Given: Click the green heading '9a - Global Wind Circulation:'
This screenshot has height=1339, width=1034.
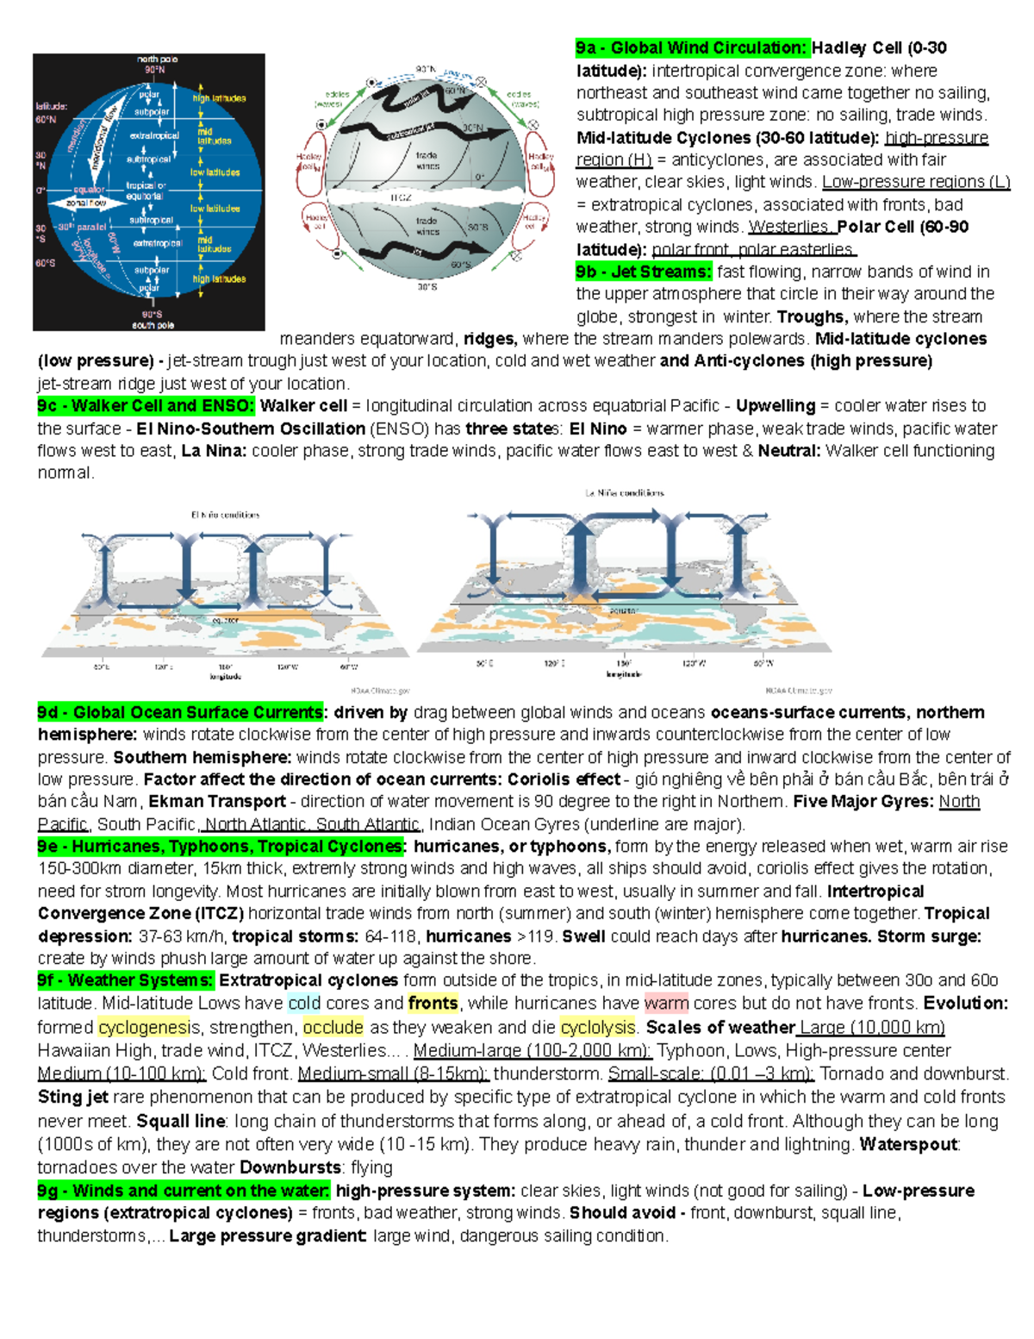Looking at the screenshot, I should [x=693, y=48].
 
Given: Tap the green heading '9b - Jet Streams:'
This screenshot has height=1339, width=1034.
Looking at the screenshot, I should [x=645, y=272].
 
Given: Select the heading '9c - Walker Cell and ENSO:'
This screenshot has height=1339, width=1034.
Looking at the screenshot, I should [x=146, y=406].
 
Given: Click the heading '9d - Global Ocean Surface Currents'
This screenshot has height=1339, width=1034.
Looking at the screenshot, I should [x=180, y=712].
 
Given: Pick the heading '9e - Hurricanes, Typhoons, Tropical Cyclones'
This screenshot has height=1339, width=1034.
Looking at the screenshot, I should [x=221, y=847].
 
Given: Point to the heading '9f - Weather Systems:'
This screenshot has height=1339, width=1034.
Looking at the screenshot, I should [x=125, y=980].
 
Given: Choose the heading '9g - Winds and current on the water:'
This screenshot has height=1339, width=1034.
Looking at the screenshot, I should [x=184, y=1191].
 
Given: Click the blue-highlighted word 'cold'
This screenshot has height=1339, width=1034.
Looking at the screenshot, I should [x=304, y=1004].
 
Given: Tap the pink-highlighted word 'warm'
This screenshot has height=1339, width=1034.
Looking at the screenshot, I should [x=666, y=1004].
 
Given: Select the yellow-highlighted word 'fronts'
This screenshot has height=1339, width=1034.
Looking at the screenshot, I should [x=433, y=1004].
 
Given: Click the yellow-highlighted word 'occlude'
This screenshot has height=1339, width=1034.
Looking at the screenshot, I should [x=333, y=1028].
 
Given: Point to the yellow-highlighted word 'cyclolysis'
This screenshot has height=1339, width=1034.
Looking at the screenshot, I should [x=598, y=1028].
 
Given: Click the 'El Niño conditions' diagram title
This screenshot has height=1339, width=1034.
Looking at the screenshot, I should [x=225, y=515].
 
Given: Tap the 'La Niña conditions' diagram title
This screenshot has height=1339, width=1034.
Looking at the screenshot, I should [x=625, y=493].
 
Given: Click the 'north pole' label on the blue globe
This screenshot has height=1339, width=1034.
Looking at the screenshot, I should [x=157, y=59].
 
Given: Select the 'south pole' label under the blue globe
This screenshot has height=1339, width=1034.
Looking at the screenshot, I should [x=153, y=325].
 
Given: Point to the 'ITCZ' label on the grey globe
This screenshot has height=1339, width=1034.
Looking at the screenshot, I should [x=401, y=197].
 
